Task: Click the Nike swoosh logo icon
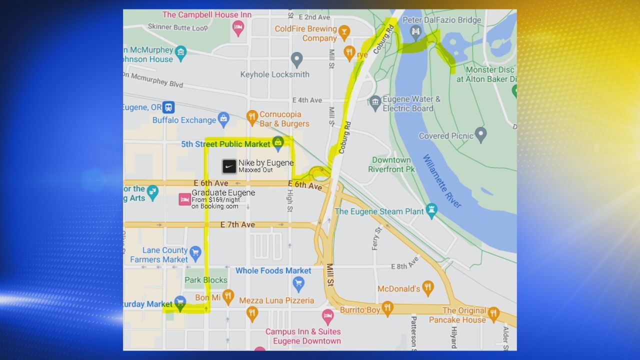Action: coord(229,166)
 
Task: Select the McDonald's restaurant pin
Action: coord(427,287)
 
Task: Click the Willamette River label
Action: coord(441,181)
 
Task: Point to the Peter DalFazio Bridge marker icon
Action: coord(415,32)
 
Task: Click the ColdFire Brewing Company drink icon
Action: coord(344,32)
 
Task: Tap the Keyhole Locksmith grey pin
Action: coord(297,59)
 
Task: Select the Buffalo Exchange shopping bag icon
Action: coord(223,119)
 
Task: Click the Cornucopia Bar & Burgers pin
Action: coord(252,117)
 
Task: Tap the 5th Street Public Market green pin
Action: coord(278,143)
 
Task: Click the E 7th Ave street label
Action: coord(237,225)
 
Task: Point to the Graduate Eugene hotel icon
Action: coord(184,199)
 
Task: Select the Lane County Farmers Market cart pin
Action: coord(195,251)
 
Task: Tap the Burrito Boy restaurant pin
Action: coord(387,308)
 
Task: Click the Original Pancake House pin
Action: coord(493,313)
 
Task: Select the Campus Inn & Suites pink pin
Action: coord(327,316)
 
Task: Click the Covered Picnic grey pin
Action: coord(480,133)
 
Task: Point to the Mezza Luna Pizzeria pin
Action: coord(252,313)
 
